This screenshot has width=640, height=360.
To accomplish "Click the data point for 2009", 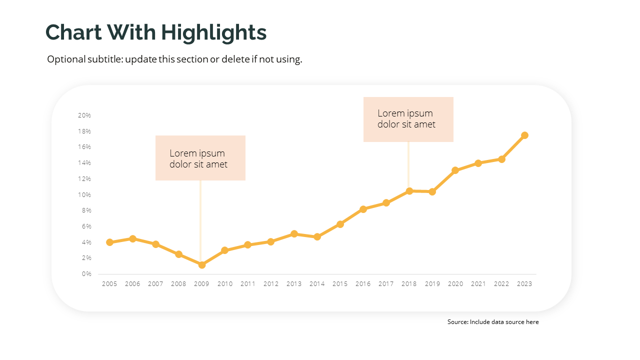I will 201,265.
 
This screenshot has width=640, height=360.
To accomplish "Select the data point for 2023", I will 524,135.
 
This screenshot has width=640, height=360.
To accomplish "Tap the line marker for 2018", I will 409,191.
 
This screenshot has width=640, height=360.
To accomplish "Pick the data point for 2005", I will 109,242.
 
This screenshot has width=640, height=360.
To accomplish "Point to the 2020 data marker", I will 455,170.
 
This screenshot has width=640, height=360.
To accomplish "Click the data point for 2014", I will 317,237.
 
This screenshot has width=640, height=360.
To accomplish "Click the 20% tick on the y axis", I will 84,115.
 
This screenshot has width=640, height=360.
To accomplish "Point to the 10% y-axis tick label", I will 84,194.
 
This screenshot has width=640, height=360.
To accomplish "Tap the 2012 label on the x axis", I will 271,284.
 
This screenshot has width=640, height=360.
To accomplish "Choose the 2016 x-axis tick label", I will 363,284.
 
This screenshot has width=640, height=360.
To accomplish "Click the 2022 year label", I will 501,284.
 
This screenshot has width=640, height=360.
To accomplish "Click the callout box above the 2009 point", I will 200,158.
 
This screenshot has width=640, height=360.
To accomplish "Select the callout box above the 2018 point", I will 408,119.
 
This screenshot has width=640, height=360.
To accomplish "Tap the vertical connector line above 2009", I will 200,220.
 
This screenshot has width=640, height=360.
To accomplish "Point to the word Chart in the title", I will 74,32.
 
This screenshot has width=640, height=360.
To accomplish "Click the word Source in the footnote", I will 457,322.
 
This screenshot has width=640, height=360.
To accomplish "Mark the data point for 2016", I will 363,209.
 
